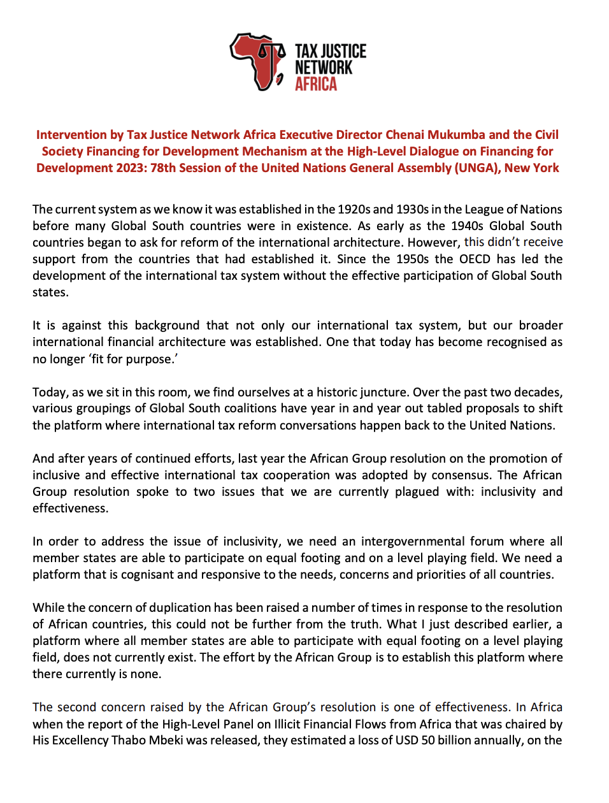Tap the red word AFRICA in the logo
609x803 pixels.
click(x=315, y=84)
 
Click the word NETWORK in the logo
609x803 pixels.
click(x=323, y=68)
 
